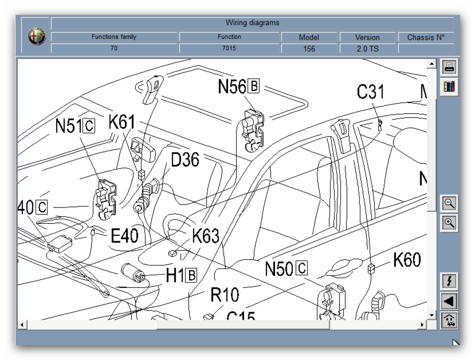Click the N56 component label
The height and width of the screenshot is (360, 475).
tap(232, 87)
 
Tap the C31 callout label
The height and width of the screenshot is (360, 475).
tap(370, 91)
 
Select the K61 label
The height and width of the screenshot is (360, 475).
tap(122, 122)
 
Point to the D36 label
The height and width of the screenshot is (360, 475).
tap(185, 160)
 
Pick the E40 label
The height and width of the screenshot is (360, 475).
tap(124, 235)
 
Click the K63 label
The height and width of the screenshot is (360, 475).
tap(206, 236)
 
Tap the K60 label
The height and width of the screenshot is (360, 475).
tap(407, 259)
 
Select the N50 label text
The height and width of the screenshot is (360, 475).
tap(279, 269)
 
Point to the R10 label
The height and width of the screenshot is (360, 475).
tap(225, 295)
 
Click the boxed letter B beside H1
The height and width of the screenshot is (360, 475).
tap(191, 275)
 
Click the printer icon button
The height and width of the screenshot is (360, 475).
tap(449, 67)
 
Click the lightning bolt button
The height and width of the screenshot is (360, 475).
tap(449, 281)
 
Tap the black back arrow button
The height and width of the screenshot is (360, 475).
tap(449, 301)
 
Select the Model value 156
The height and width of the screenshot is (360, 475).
tap(309, 48)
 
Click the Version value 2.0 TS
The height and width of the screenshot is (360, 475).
tap(368, 48)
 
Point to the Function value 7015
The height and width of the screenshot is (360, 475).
tap(229, 48)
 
